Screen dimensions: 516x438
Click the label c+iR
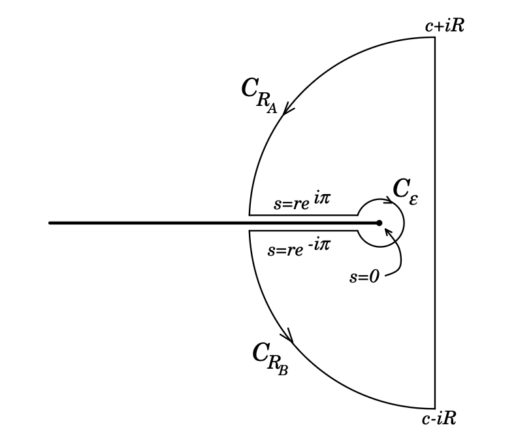[x=444, y=26]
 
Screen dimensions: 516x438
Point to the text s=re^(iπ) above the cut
[x=301, y=202]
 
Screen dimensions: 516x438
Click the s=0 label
[x=364, y=277]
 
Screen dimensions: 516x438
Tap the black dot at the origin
[x=379, y=223]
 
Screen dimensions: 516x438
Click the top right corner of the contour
[x=435, y=37]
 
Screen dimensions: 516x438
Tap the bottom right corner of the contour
[x=435, y=408]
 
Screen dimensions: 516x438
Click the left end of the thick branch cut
[x=50, y=223]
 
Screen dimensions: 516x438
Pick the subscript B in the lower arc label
[x=283, y=372]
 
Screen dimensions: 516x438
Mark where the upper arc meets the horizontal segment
[x=250, y=214]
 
